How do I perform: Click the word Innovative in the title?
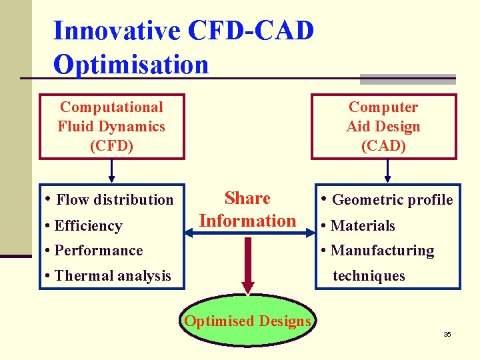click(116, 31)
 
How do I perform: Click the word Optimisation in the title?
click(131, 65)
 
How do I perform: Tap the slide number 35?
click(447, 334)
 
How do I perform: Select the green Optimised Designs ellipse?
click(247, 321)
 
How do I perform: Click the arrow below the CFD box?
click(111, 171)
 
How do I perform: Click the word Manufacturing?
click(382, 251)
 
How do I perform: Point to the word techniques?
click(369, 276)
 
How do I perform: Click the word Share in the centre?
click(247, 199)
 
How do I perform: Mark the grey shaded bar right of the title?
click(407, 79)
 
